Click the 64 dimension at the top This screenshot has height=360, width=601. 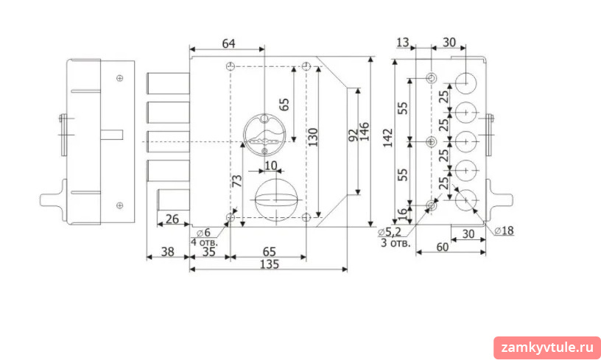228,43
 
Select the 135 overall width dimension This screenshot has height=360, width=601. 270,264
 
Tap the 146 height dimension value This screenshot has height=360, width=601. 364,132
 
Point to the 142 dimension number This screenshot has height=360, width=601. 387,138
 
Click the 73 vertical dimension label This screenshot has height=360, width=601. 237,180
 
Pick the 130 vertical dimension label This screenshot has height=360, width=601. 313,137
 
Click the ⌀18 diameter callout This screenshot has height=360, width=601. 504,230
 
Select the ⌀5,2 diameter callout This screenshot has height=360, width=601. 390,232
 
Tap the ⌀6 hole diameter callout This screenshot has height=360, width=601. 203,233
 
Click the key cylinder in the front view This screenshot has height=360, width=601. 264,135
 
